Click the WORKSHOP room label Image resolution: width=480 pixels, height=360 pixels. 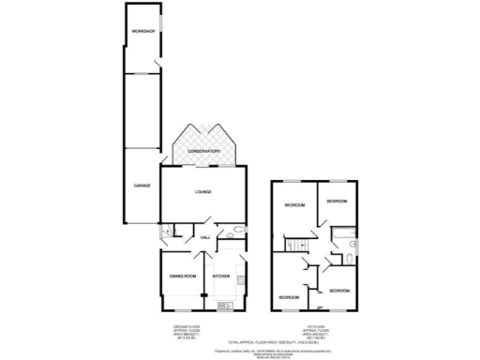[142, 32]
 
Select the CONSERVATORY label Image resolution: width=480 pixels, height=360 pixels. [203, 150]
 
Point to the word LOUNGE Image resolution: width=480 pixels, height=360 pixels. [203, 192]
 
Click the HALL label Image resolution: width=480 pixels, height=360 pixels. [204, 237]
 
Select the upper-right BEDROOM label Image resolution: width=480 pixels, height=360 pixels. [337, 202]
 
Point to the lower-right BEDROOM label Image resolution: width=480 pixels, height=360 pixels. [338, 291]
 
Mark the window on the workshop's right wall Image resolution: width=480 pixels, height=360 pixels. [161, 22]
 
